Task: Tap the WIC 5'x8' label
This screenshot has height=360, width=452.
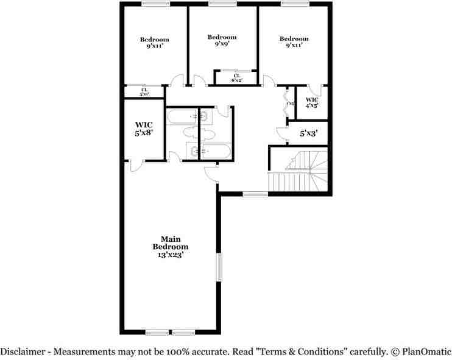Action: click(x=144, y=129)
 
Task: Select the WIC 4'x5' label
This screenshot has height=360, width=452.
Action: click(x=311, y=102)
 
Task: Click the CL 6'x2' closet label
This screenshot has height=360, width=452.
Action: click(x=236, y=77)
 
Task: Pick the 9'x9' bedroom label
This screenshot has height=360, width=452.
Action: click(x=222, y=41)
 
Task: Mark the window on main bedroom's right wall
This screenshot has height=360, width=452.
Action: click(x=220, y=266)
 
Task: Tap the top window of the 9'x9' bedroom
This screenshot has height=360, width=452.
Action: click(x=222, y=4)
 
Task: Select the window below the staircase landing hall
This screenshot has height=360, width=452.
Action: click(x=255, y=194)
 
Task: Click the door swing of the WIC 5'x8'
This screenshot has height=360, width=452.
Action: click(x=135, y=163)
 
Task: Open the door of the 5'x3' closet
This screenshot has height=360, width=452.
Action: click(x=281, y=133)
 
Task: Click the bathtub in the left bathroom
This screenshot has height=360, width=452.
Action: click(x=182, y=116)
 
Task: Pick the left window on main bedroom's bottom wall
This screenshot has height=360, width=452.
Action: click(x=157, y=333)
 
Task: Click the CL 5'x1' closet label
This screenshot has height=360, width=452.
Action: click(x=144, y=93)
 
